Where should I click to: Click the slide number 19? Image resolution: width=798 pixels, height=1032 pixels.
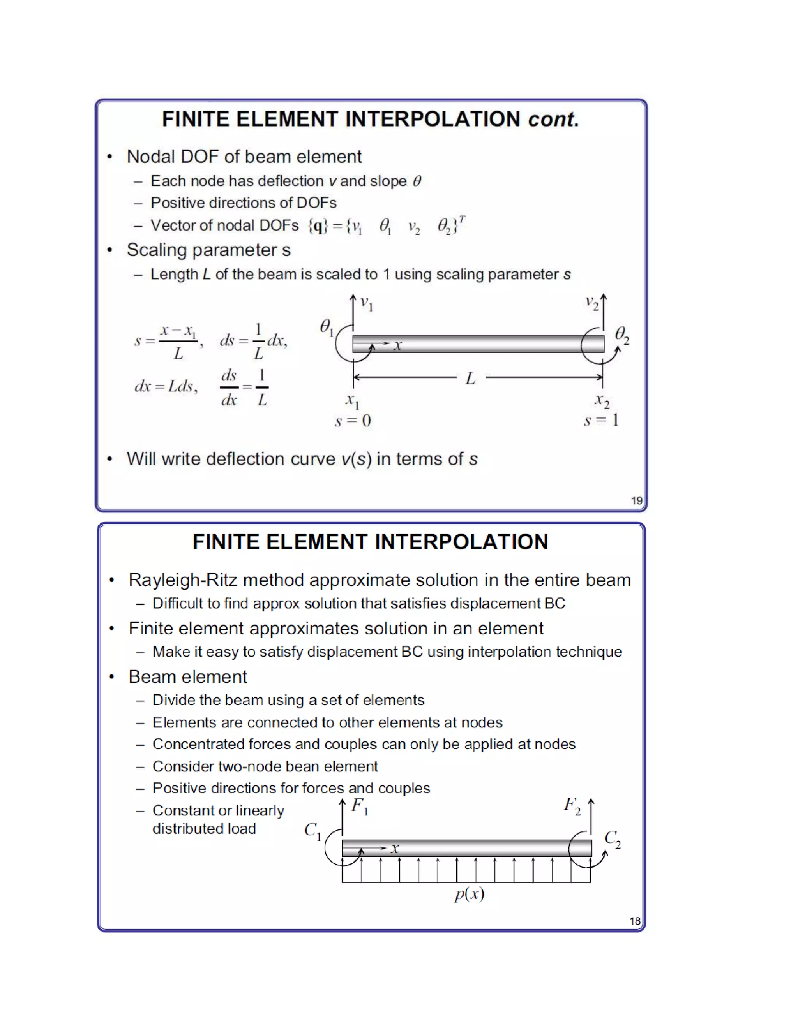pos(636,500)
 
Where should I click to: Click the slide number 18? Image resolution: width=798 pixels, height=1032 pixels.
pos(634,921)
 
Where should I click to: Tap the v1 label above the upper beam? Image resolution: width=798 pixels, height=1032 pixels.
pos(366,303)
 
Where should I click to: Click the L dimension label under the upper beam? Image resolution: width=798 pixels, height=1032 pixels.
pos(470,379)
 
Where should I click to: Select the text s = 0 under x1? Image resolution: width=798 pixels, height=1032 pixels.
pos(353,421)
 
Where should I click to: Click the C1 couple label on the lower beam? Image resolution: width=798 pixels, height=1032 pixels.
pos(312,830)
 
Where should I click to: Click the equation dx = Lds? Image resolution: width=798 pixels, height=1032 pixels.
pos(166,387)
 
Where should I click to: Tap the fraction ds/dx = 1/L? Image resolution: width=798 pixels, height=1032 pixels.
pos(244,387)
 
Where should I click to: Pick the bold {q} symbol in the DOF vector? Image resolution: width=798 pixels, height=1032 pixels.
pos(318,226)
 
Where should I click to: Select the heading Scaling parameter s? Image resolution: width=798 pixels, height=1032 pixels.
pos(208,250)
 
